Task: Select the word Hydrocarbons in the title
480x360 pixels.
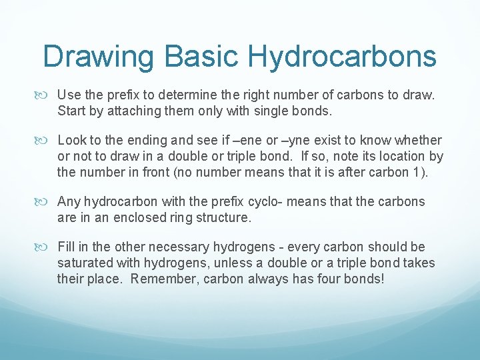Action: pos(343,57)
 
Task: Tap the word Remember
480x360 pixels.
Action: pos(160,279)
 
